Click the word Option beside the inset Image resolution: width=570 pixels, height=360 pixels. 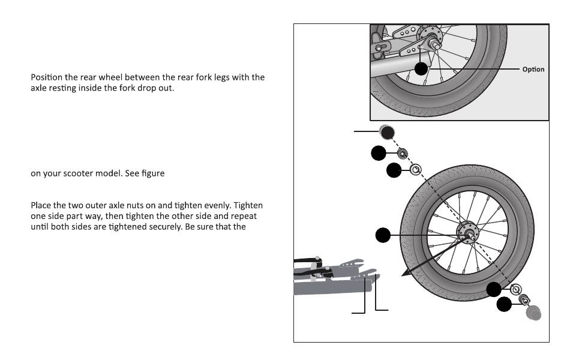pos(533,69)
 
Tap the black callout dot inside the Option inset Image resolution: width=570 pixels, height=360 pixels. pos(422,68)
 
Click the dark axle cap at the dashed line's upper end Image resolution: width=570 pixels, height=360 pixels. pos(387,131)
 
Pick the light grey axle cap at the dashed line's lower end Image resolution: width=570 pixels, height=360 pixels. pos(533,312)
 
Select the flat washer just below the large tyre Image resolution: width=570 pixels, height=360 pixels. pos(515,290)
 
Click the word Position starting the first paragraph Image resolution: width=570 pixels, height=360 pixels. pos(47,77)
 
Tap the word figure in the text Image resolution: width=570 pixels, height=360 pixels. pos(152,173)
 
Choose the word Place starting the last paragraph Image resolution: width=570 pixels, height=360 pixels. pos(41,206)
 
